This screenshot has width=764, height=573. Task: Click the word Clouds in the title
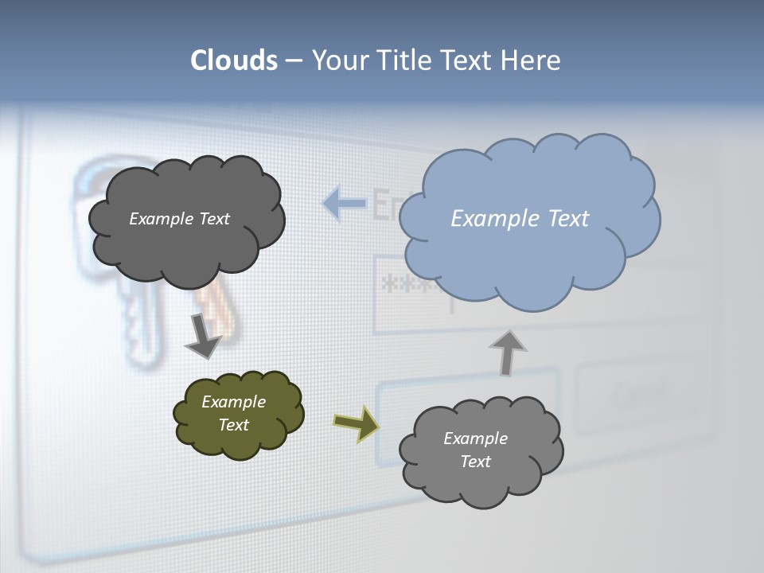pyautogui.click(x=234, y=60)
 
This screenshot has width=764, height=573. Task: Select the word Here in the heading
pyautogui.click(x=530, y=60)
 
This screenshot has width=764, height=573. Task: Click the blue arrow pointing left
pyautogui.click(x=344, y=204)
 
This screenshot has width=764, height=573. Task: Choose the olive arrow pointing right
pyautogui.click(x=357, y=423)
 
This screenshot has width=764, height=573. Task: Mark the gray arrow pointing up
pyautogui.click(x=507, y=352)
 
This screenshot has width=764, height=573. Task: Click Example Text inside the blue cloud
pyautogui.click(x=520, y=219)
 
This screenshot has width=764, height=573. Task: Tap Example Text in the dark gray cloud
pyautogui.click(x=179, y=219)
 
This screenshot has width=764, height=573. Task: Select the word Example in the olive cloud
pyautogui.click(x=233, y=402)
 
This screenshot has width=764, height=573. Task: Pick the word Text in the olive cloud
pyautogui.click(x=233, y=425)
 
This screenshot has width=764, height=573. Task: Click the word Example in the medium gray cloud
pyautogui.click(x=475, y=439)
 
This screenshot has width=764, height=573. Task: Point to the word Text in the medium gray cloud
pyautogui.click(x=475, y=462)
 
